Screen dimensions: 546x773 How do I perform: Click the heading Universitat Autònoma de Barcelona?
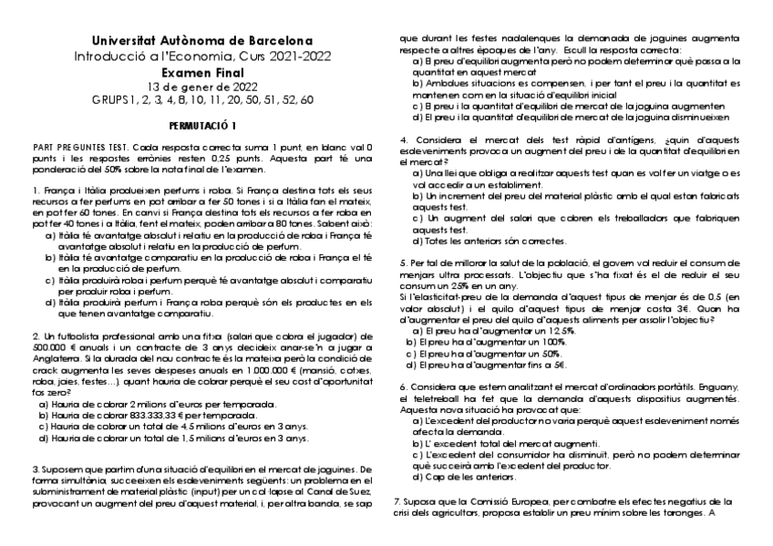coord(202,41)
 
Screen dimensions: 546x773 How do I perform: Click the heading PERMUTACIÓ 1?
coord(202,124)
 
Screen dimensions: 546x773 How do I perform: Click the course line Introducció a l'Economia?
coord(202,57)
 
